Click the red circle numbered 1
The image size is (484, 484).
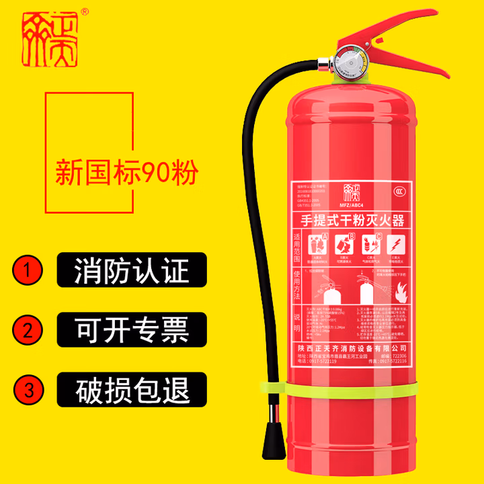coord(28,272)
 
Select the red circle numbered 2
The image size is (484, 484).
coord(28,330)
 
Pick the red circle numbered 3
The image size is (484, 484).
coord(28,389)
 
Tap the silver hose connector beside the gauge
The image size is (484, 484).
coord(323,65)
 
